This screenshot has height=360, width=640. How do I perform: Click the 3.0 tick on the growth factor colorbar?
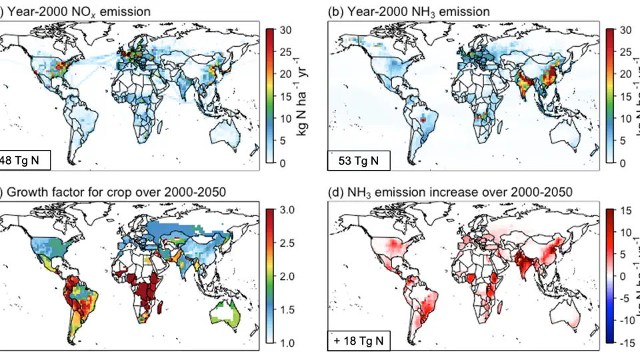point(287,210)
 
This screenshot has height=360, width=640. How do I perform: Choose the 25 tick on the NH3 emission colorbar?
point(625,51)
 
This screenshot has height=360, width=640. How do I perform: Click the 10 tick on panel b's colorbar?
point(625,118)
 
